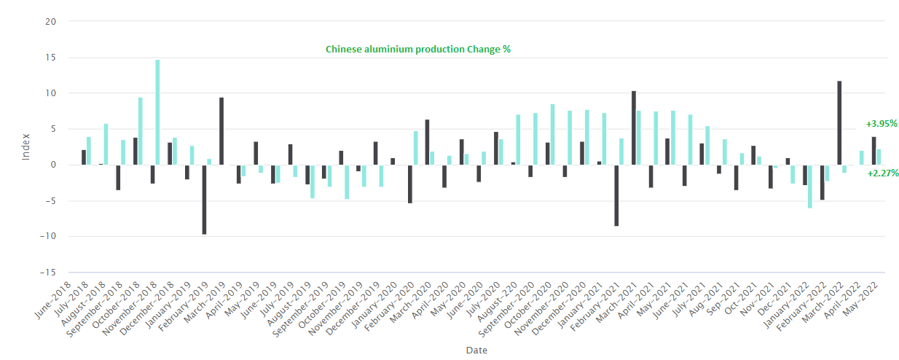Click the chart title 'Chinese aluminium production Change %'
417,50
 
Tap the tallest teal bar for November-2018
157,112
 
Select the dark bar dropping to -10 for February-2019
204,200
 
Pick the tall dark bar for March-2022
839,123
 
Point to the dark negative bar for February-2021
616,195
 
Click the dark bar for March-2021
634,128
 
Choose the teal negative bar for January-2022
810,187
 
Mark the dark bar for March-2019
221,131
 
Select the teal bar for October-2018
141,131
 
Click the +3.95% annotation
882,124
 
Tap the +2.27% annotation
882,173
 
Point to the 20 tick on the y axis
50,22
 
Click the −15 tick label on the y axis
48,273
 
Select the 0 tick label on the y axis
53,165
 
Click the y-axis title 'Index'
25,147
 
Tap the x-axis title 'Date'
476,350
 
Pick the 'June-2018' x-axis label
52,300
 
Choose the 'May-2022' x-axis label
860,299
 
